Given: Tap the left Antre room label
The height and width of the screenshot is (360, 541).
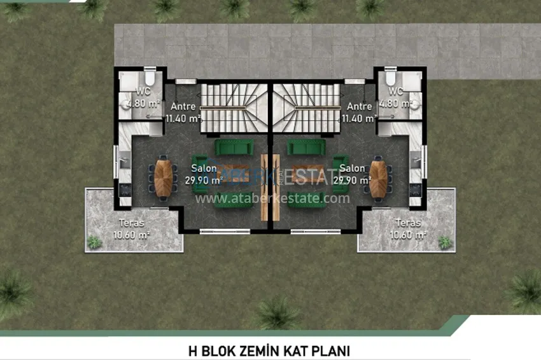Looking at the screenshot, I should coord(183,107).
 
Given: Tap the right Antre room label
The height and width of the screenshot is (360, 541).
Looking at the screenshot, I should coord(360,107).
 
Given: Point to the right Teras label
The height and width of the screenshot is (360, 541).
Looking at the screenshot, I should coord(408,223).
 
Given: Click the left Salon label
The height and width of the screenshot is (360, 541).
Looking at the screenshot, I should coord(204,169).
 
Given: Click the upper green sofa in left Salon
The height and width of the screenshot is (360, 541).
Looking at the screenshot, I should coord(234,147).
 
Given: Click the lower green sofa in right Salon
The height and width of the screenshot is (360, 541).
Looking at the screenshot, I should coord(307,201).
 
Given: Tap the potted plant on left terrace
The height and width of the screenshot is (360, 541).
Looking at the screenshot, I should coord(95,242).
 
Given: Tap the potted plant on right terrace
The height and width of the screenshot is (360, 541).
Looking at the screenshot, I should coord(444,242).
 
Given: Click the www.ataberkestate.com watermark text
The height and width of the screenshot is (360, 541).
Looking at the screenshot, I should coord(272,198).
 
